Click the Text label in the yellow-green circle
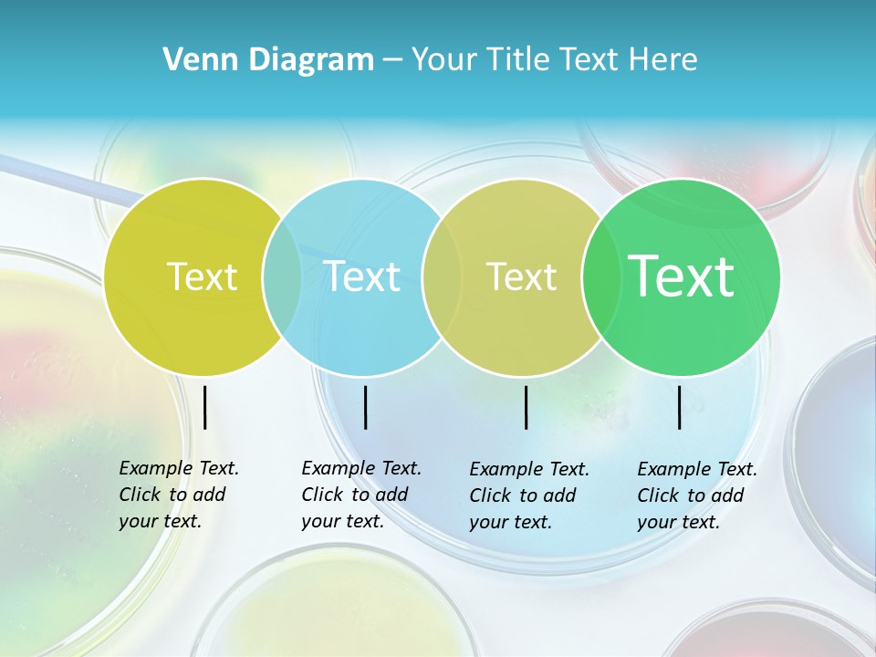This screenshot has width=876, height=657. click(x=202, y=276)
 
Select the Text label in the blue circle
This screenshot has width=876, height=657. click(x=362, y=276)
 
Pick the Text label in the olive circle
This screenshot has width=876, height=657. click(x=521, y=276)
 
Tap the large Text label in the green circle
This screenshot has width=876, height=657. click(x=682, y=276)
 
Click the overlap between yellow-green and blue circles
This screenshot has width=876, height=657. click(x=282, y=276)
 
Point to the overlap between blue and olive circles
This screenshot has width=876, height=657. click(x=441, y=276)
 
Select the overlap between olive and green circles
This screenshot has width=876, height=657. click(x=598, y=276)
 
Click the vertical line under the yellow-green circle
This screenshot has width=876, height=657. click(x=205, y=407)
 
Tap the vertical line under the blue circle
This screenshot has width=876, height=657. click(x=365, y=407)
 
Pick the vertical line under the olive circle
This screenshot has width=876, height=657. click(x=527, y=407)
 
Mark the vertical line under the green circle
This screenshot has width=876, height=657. click(x=680, y=407)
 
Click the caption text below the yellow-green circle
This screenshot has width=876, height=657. click(x=178, y=495)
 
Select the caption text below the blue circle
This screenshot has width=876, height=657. click(x=360, y=495)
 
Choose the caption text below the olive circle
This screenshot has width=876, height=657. click(x=528, y=495)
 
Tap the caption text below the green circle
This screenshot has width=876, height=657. click(x=696, y=495)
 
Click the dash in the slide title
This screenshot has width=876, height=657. click(x=392, y=60)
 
